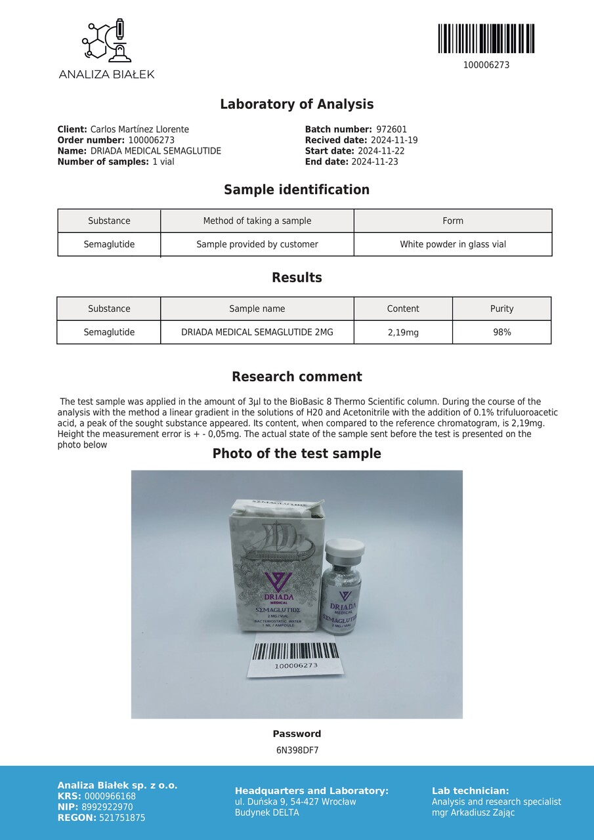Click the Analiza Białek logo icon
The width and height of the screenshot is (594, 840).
point(106,41)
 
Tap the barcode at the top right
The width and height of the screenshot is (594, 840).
point(486,39)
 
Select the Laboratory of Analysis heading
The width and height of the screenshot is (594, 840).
point(297,104)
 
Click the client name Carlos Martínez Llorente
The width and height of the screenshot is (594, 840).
point(139,130)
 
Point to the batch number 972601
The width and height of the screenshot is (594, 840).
point(391,130)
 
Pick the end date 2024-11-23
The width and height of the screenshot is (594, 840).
point(374,162)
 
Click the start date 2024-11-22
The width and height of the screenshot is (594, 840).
point(379,152)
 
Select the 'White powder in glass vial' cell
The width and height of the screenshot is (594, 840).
point(453,245)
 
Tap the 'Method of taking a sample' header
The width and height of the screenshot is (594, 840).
point(257,221)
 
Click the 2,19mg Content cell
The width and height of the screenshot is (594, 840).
point(403,333)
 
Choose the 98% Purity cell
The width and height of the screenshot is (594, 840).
point(502,333)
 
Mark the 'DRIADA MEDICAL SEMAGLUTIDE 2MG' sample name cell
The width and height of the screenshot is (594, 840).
point(257,333)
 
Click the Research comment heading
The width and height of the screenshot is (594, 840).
point(297,377)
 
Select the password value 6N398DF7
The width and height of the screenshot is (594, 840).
point(297,751)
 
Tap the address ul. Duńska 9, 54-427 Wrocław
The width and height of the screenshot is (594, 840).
point(295,802)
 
